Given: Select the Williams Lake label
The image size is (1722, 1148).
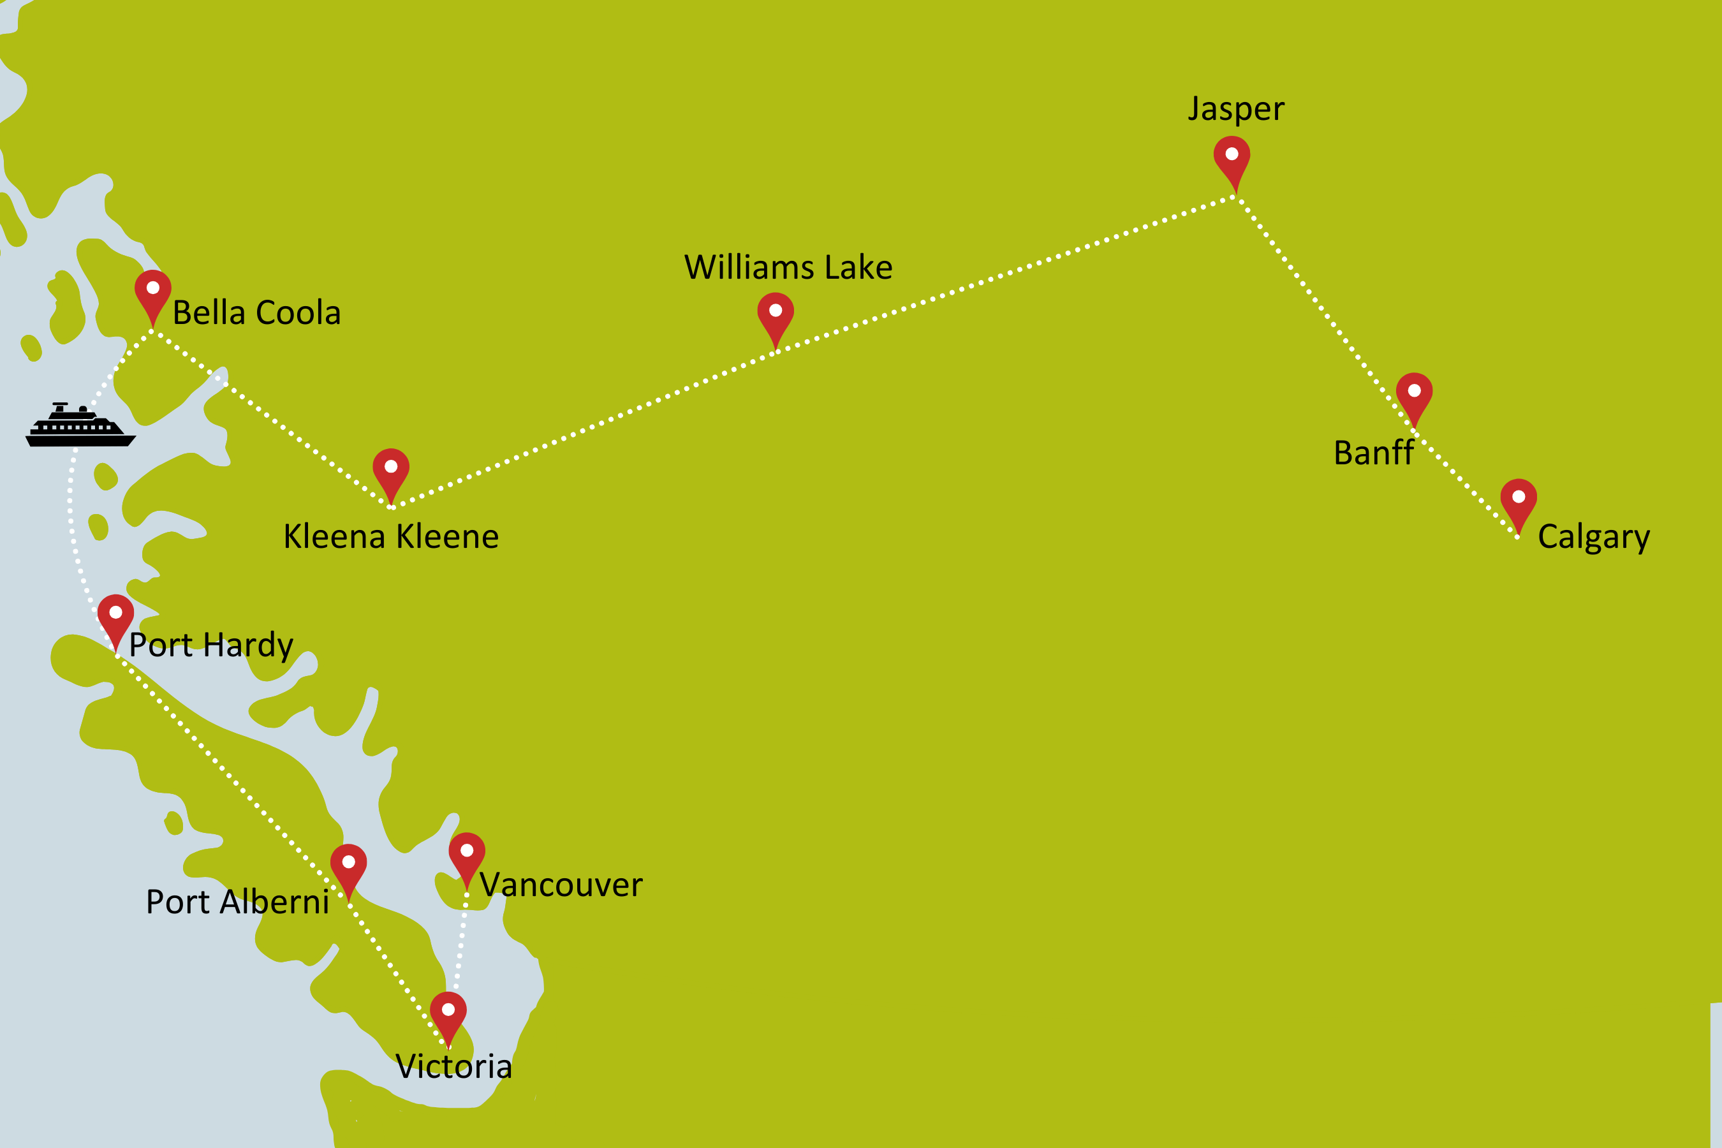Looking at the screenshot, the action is [788, 267].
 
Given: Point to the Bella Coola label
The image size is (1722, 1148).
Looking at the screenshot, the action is [256, 313].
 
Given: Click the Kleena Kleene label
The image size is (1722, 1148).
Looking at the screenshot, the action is [391, 536].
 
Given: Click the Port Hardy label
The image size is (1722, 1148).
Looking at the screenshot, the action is [211, 645].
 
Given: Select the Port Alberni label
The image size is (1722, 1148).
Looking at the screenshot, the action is [237, 902].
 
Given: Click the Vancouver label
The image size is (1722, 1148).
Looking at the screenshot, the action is [561, 885].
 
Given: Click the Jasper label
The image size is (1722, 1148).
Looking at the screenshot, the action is [1235, 110].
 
